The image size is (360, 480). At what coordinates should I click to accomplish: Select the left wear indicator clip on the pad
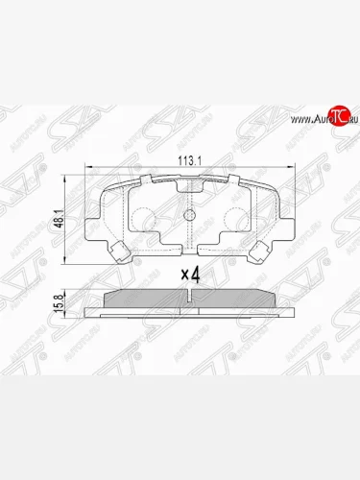(x=120, y=252)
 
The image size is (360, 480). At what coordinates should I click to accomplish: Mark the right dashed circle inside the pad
(x=235, y=219)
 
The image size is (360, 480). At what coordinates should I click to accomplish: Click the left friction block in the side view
(x=144, y=299)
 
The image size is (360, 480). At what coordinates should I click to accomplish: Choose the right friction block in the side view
(x=239, y=299)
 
